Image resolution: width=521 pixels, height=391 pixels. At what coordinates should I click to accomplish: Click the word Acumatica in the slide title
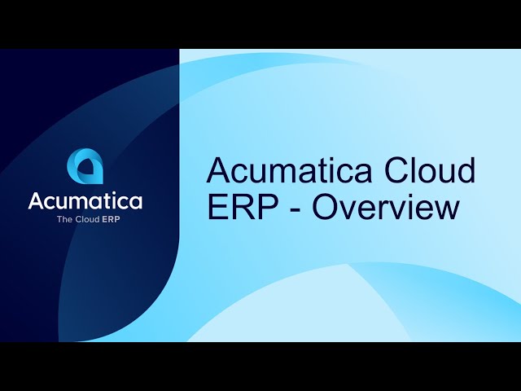[x=288, y=170]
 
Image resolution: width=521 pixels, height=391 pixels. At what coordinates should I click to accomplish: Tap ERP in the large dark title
[x=243, y=207]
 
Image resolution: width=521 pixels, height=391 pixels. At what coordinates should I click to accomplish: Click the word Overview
[x=386, y=207]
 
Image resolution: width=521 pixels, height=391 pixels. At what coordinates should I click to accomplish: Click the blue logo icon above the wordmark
[x=85, y=166]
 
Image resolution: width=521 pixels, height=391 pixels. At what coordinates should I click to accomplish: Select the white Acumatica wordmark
[x=85, y=200]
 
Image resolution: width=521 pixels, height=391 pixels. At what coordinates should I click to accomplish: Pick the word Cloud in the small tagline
[x=88, y=219]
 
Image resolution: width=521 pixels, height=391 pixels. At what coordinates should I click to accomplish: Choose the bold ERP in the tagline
[x=111, y=219]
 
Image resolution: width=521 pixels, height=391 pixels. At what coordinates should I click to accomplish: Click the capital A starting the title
[x=219, y=170]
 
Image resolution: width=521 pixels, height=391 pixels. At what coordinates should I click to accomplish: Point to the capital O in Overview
[x=326, y=207]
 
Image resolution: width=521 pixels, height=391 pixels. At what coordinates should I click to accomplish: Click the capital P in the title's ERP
[x=267, y=207]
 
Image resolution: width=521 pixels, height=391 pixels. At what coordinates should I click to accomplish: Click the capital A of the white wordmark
[x=37, y=200]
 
